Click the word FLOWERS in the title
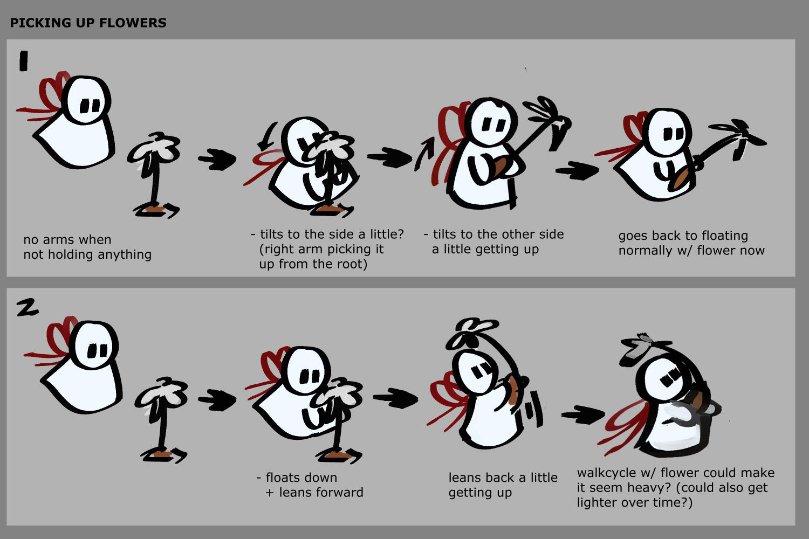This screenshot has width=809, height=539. (x=133, y=23)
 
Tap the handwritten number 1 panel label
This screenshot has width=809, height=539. (x=24, y=61)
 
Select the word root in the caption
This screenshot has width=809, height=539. (x=350, y=264)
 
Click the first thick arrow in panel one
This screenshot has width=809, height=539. (x=217, y=159)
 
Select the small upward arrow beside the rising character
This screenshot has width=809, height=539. (x=424, y=154)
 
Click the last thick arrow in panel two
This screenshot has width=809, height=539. (x=582, y=414)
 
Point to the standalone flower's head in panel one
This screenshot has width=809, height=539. (x=155, y=149)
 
